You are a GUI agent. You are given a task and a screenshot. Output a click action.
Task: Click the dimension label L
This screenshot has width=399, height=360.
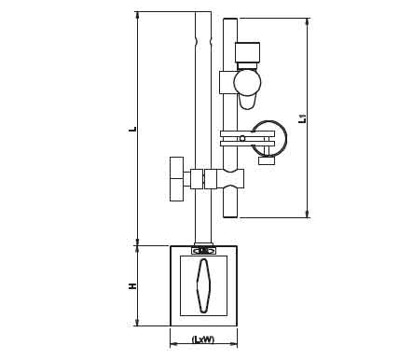click(133, 128)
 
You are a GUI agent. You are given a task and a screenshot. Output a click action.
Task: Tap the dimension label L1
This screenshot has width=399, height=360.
click(302, 118)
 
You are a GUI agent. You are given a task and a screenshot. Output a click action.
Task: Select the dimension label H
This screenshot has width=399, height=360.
click(133, 286)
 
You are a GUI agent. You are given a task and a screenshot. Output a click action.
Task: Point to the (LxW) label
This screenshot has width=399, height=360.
click(203, 339)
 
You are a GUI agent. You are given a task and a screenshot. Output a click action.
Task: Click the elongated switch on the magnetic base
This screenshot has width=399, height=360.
click(203, 285)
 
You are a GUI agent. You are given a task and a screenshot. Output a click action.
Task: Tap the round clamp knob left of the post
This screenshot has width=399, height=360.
click(177, 179)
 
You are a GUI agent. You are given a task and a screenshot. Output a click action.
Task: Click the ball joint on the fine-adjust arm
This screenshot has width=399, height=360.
click(247, 82)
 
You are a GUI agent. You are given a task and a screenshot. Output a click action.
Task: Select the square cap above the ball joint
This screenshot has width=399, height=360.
click(247, 52)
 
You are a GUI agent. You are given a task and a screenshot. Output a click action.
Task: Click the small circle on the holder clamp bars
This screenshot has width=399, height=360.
click(242, 138)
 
